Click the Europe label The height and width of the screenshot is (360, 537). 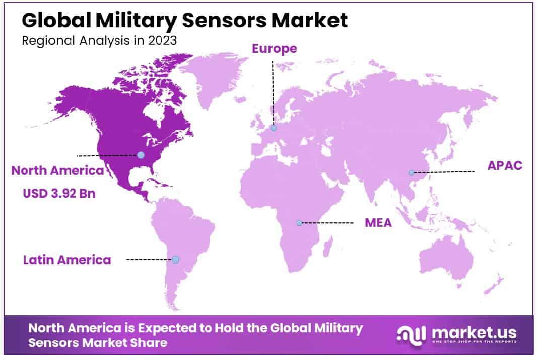click(274, 49)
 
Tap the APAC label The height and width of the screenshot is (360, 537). click(505, 166)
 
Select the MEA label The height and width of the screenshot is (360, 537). click(378, 222)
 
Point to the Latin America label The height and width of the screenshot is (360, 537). click(67, 260)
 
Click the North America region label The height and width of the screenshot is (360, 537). click(58, 171)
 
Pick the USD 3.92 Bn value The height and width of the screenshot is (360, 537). click(59, 194)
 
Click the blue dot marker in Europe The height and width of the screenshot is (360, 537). click(274, 128)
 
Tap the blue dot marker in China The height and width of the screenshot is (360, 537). click(411, 173)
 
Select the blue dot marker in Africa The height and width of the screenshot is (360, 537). click(299, 223)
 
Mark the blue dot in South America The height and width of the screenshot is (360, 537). click(175, 260)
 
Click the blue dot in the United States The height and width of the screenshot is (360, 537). click(141, 155)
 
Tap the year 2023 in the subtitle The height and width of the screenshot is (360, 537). click(163, 41)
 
